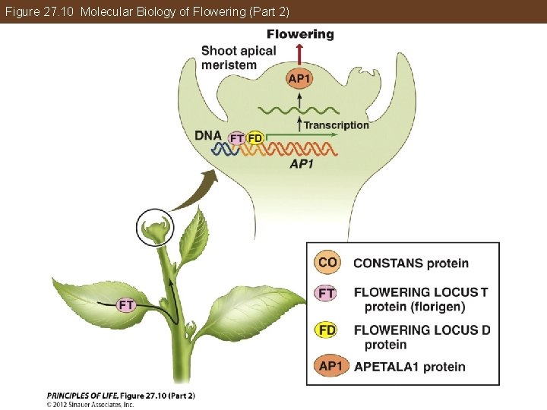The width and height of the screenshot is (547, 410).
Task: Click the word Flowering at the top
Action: click(x=300, y=34)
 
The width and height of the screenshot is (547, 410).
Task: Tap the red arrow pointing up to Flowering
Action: click(x=300, y=54)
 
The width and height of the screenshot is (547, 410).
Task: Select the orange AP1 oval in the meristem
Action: click(x=300, y=77)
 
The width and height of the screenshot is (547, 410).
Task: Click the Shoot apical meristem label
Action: click(x=239, y=58)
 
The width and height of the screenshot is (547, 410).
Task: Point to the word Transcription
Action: click(x=336, y=125)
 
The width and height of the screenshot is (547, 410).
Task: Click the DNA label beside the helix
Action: click(x=208, y=136)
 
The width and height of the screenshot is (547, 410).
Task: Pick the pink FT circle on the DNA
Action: click(x=238, y=138)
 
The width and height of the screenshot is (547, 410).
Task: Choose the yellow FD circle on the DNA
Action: click(x=255, y=138)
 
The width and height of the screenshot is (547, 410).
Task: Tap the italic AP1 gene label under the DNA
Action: click(x=302, y=164)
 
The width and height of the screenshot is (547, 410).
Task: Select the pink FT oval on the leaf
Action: click(x=126, y=305)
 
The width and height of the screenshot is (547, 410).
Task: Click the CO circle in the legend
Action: click(x=327, y=263)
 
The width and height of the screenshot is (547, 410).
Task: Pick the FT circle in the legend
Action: click(x=327, y=292)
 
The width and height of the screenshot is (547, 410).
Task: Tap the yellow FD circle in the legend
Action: click(x=327, y=330)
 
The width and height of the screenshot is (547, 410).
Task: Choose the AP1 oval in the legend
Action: click(x=331, y=367)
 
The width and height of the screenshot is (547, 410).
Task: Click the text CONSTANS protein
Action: click(x=411, y=263)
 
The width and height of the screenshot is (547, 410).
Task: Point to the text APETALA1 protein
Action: click(x=409, y=367)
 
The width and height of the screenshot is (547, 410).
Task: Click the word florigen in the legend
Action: click(x=441, y=307)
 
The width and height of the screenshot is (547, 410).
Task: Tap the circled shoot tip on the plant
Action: click(x=156, y=227)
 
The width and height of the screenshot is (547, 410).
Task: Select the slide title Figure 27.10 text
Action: click(x=145, y=12)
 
